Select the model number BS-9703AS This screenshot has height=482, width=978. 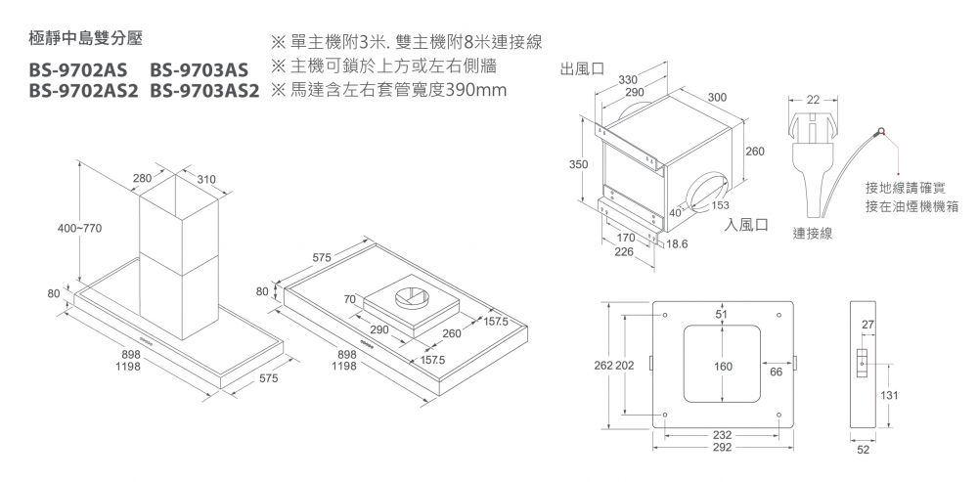(x=199, y=70)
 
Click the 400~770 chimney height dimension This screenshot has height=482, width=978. (x=79, y=228)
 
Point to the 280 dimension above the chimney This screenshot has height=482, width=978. (x=142, y=178)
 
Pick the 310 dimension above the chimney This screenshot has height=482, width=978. (x=206, y=179)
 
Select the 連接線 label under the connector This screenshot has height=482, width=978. (x=813, y=235)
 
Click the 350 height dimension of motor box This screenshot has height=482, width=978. (x=578, y=164)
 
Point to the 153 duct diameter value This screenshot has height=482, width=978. (x=721, y=205)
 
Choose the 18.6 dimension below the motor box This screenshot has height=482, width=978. (x=678, y=241)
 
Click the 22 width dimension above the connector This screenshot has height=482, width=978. (x=814, y=99)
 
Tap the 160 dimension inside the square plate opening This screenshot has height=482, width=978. (x=723, y=367)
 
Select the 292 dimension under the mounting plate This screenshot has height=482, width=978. (x=722, y=446)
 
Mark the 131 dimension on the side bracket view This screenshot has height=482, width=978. (x=888, y=394)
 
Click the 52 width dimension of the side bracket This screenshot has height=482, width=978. (x=862, y=451)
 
